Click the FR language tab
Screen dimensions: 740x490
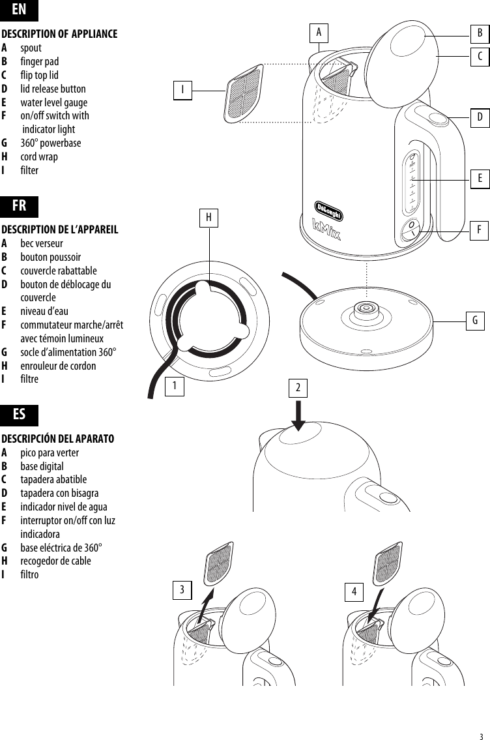pos(20,206)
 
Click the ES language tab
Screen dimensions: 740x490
pos(20,415)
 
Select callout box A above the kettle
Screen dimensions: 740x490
pos(319,32)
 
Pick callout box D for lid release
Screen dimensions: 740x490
pos(480,117)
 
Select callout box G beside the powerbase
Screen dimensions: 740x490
pos(475,321)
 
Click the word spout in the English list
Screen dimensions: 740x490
pos(31,48)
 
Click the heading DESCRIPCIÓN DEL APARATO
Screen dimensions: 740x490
pos(58,439)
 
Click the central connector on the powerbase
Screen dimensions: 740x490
pos(366,308)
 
